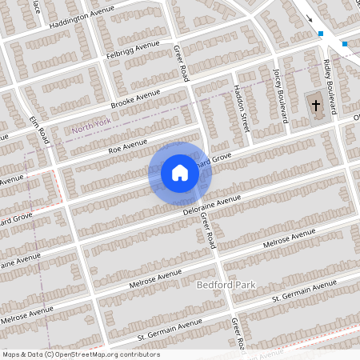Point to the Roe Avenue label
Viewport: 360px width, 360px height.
[x=129, y=145]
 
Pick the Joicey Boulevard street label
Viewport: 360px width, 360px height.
[x=281, y=94]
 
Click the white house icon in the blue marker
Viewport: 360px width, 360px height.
[x=180, y=172]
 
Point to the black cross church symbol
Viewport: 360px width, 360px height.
[x=316, y=104]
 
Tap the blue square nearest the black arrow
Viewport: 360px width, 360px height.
[x=321, y=34]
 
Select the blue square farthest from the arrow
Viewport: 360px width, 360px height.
[x=345, y=44]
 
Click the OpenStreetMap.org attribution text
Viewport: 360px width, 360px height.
[x=82, y=354]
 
